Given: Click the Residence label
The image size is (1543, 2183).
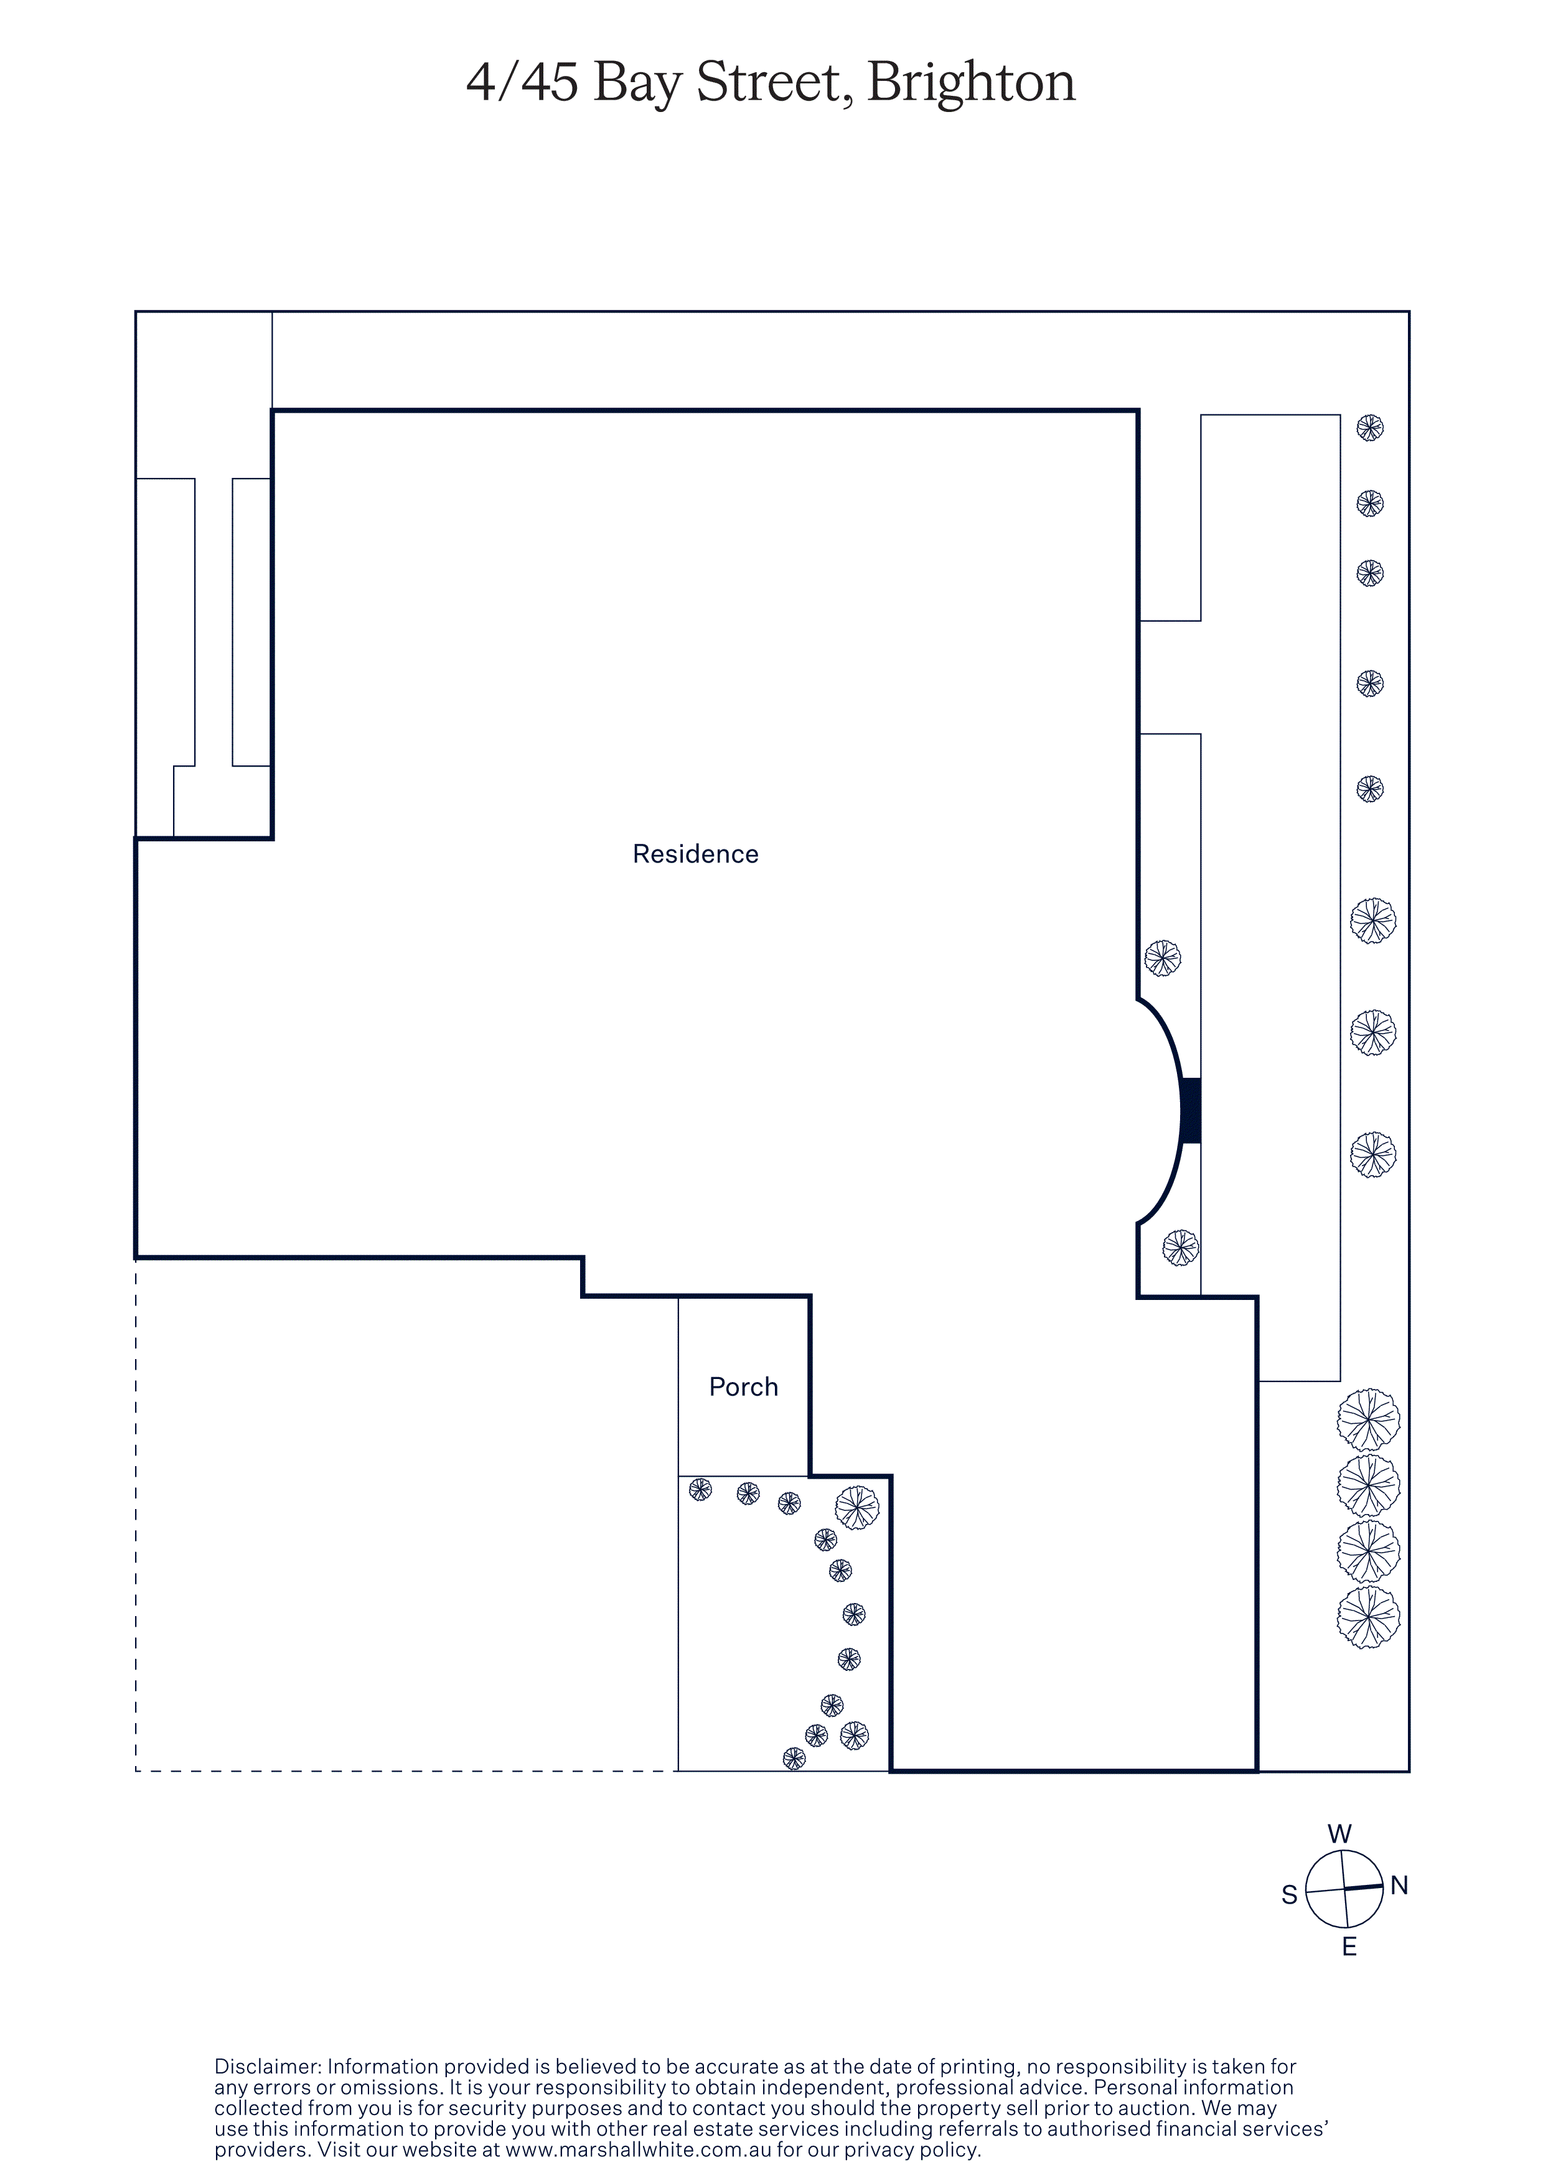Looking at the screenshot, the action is pos(695,854).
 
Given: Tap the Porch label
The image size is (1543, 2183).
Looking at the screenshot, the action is pos(743,1386).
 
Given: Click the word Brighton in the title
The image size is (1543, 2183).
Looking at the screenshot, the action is pos(970,83).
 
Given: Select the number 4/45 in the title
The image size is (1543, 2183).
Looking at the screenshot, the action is pos(522,83).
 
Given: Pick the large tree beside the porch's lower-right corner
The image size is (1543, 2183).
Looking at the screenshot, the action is pos(856,1507).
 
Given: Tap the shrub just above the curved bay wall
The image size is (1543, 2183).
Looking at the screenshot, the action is pos(1163,958).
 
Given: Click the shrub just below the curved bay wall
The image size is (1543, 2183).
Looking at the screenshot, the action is pos(1181,1248).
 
